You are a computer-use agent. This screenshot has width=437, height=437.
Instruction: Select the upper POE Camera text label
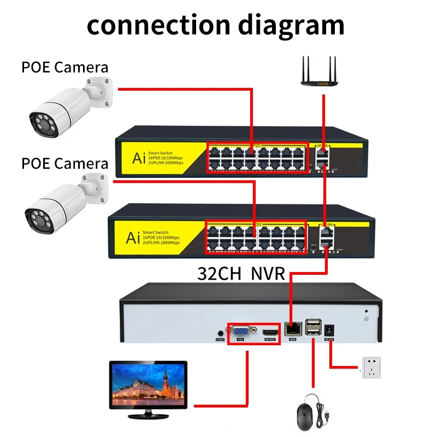(x=64, y=67)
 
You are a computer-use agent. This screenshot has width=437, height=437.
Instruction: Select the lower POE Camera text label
(x=64, y=163)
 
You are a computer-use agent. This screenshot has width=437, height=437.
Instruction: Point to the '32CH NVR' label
(x=241, y=273)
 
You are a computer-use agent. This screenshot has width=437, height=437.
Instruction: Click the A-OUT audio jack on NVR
(x=220, y=332)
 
